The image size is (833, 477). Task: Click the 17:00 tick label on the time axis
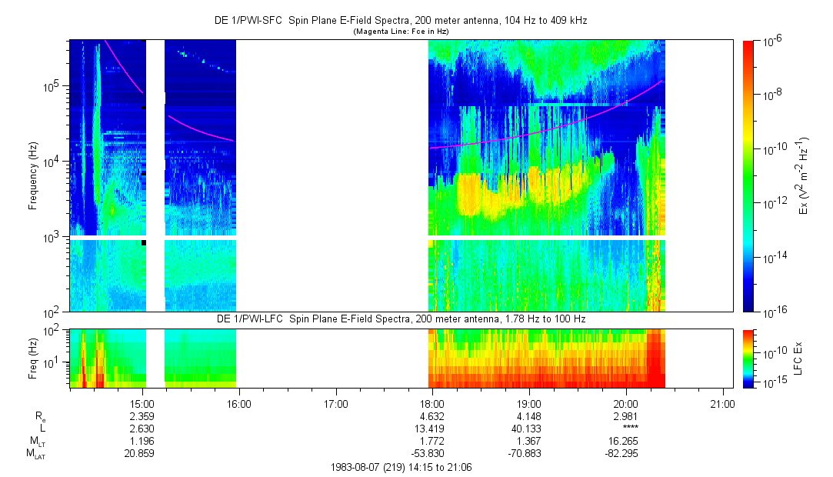[x=336, y=403]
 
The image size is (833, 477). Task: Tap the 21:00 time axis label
[x=722, y=403]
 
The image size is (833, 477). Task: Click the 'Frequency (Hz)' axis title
[x=34, y=175]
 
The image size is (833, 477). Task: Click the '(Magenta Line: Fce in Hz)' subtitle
[x=401, y=32]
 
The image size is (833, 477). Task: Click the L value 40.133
[x=529, y=428]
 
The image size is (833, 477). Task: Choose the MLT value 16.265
[x=626, y=440]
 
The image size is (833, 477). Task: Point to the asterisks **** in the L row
[x=628, y=429]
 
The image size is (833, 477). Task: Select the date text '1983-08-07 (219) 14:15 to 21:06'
[x=400, y=467]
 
